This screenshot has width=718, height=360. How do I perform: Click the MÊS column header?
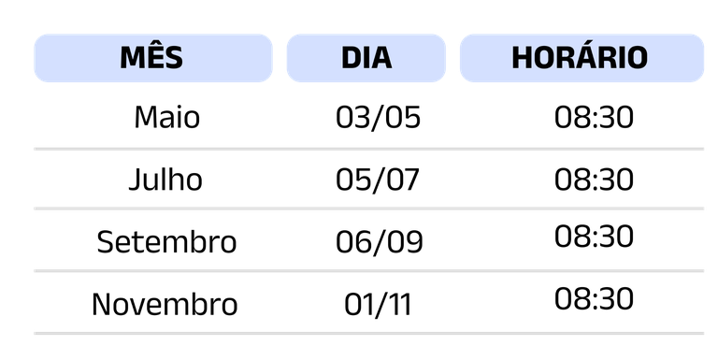point(152,58)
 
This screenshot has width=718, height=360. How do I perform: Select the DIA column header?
point(366,58)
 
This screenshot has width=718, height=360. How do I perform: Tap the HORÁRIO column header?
point(581,58)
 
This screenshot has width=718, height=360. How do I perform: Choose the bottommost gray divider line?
point(368,333)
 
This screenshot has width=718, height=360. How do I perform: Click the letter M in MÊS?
point(134,58)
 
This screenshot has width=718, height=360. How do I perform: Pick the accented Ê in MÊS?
point(154,58)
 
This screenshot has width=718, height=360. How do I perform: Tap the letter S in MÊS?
point(173,58)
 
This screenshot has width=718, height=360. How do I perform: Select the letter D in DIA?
point(351,58)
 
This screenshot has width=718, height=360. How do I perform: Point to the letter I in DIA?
point(366,58)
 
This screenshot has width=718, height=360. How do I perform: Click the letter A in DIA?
point(381,58)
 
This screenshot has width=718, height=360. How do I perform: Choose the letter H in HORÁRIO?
point(522,58)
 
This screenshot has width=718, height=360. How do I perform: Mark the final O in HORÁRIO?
point(636,58)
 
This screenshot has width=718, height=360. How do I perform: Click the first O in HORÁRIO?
point(541,58)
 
